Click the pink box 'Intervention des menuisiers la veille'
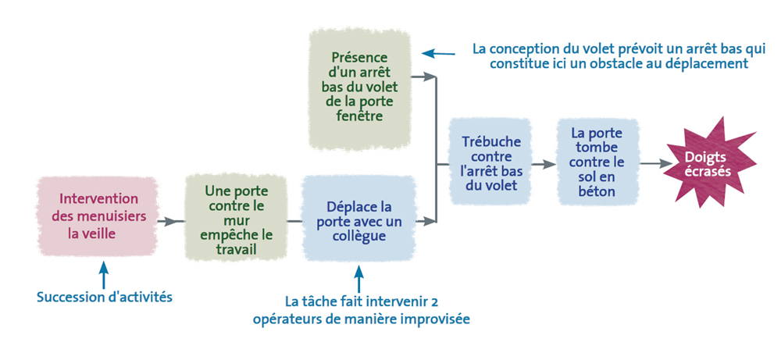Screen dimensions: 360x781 tap(97, 216)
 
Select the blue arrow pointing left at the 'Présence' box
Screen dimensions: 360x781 tap(438, 53)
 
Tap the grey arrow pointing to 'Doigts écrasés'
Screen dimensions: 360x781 tap(657, 163)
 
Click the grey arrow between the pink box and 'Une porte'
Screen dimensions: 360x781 tap(168, 221)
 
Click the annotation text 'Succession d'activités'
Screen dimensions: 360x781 tap(105, 297)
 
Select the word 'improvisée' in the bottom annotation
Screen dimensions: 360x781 tap(436, 319)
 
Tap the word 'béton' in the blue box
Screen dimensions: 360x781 tap(597, 191)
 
